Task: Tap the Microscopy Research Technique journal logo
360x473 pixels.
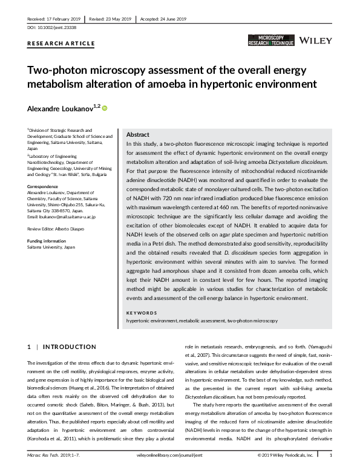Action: pos(271,41)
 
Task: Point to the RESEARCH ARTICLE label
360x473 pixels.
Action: pos(61,44)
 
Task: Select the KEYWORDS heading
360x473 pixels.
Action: pos(142,312)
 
